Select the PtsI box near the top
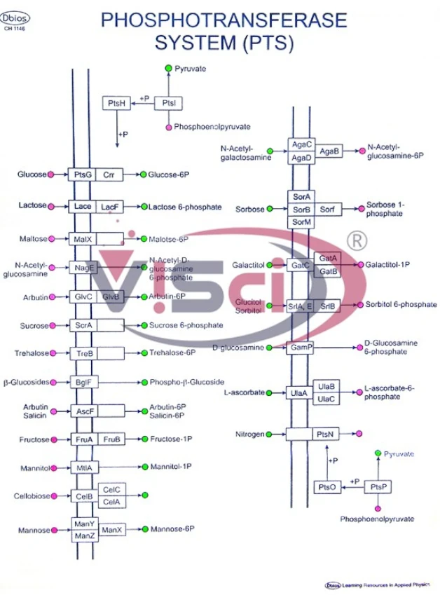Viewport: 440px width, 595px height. point(168,103)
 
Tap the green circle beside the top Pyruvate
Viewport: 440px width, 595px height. point(168,68)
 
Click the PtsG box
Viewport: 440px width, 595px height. point(82,175)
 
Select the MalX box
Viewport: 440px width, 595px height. point(82,239)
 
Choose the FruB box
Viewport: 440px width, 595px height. point(111,439)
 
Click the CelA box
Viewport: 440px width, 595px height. point(111,502)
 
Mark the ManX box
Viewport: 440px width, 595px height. point(111,531)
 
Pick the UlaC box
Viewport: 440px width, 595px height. point(326,399)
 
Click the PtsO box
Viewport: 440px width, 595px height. point(327,487)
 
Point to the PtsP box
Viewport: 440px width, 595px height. point(378,487)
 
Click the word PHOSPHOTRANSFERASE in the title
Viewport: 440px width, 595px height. point(224,21)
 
